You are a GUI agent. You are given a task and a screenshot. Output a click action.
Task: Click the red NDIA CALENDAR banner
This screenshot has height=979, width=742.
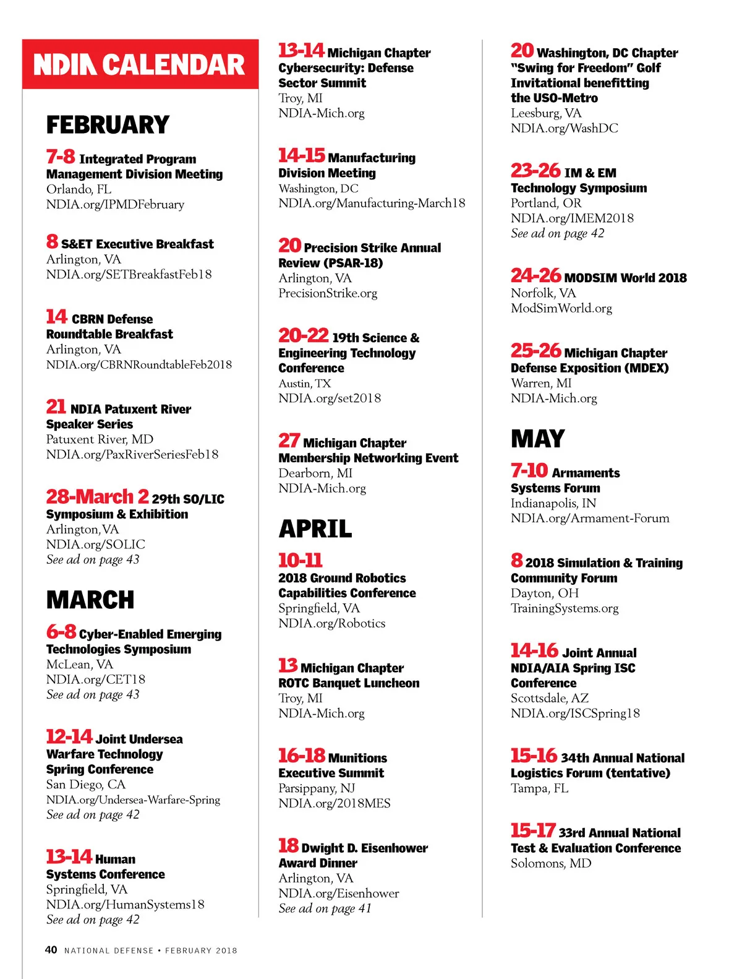coord(140,64)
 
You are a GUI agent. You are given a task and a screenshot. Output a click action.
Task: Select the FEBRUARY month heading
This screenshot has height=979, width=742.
coord(108,125)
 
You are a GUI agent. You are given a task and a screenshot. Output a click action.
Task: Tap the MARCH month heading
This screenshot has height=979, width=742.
coord(90,600)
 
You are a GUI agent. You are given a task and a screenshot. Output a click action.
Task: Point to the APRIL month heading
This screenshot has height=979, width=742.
coord(315,529)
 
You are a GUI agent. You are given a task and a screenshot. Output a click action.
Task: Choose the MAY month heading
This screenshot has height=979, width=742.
coord(537,439)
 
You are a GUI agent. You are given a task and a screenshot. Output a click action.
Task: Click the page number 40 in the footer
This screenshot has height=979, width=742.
coord(51,950)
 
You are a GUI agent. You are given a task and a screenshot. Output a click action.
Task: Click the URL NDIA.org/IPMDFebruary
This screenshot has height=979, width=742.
coord(115,204)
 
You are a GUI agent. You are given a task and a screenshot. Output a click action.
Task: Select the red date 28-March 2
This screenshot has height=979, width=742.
coord(97,496)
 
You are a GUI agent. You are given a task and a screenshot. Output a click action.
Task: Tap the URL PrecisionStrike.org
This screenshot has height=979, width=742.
coord(328,293)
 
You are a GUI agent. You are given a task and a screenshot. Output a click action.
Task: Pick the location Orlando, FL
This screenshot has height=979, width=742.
coord(79,189)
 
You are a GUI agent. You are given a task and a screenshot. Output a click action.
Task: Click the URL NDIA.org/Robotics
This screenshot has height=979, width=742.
coord(331,623)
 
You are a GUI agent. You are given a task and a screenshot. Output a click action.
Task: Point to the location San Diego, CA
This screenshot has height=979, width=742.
coord(85,785)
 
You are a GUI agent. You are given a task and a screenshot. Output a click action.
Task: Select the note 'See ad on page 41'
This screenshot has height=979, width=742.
coord(325,908)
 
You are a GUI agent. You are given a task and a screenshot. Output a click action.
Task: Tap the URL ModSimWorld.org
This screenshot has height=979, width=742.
coord(561,308)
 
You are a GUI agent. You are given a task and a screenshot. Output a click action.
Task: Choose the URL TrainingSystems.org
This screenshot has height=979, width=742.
coord(564,608)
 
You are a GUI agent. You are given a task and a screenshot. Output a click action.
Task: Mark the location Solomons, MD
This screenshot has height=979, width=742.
coord(550,863)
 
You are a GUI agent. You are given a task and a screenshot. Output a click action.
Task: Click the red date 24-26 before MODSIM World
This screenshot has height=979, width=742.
coord(535,275)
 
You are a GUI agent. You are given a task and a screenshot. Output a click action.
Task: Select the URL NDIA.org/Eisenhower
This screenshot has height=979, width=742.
coord(338,894)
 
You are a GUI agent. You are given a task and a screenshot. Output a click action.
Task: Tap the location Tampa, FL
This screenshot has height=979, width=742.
coord(539,788)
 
